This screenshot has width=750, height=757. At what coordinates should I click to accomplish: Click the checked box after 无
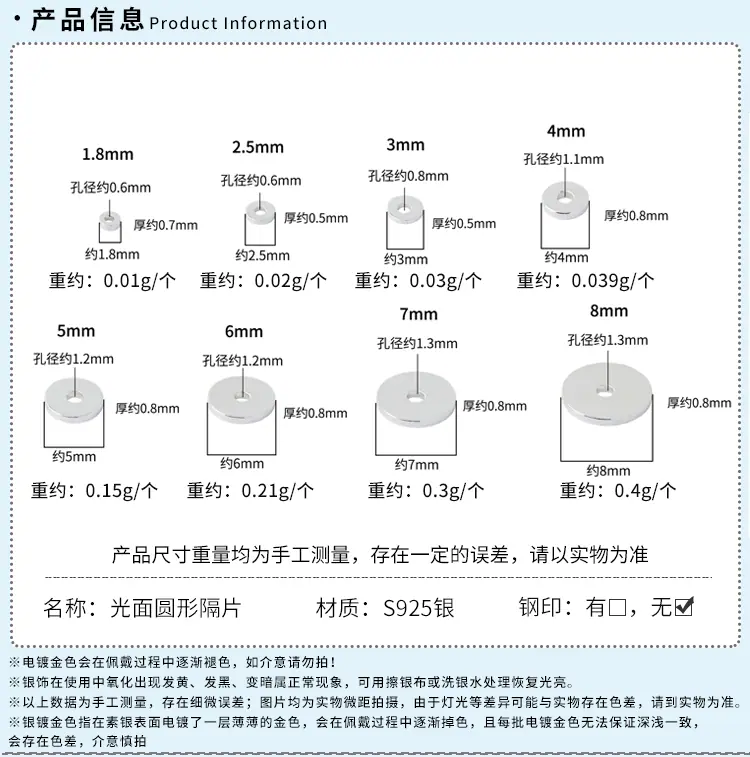pos(684,607)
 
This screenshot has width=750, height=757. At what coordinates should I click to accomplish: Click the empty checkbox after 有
pos(618,607)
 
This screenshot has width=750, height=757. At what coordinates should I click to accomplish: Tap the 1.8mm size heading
pos(108,154)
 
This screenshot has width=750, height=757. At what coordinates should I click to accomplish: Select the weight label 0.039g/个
pos(612,280)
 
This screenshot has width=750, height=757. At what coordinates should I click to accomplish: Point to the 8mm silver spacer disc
pos(607,393)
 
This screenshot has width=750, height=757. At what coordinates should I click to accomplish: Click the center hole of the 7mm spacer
pos(415,398)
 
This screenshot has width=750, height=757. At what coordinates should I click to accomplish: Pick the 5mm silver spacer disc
pos(74,399)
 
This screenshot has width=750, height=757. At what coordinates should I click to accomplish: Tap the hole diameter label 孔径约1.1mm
pos(564,159)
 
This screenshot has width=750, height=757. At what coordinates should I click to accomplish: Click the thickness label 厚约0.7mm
pos(166,225)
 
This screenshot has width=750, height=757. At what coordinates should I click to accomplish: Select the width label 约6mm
pos(242,463)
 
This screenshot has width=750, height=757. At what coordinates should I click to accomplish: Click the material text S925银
pos(419,608)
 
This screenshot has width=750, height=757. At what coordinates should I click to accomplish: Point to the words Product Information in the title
pos(238,23)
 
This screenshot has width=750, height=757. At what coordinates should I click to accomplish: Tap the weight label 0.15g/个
pos(122,491)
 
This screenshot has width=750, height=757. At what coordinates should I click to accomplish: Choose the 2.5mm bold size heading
pos(258,147)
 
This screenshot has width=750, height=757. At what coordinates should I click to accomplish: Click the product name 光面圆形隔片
pos(176,608)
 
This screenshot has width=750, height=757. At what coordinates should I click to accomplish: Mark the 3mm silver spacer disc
pos(405,210)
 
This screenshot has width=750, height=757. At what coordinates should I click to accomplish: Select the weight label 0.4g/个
pos(645,491)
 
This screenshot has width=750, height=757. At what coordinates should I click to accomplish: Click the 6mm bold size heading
pos(244,331)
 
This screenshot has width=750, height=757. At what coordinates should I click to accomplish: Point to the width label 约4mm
pos(566,257)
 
